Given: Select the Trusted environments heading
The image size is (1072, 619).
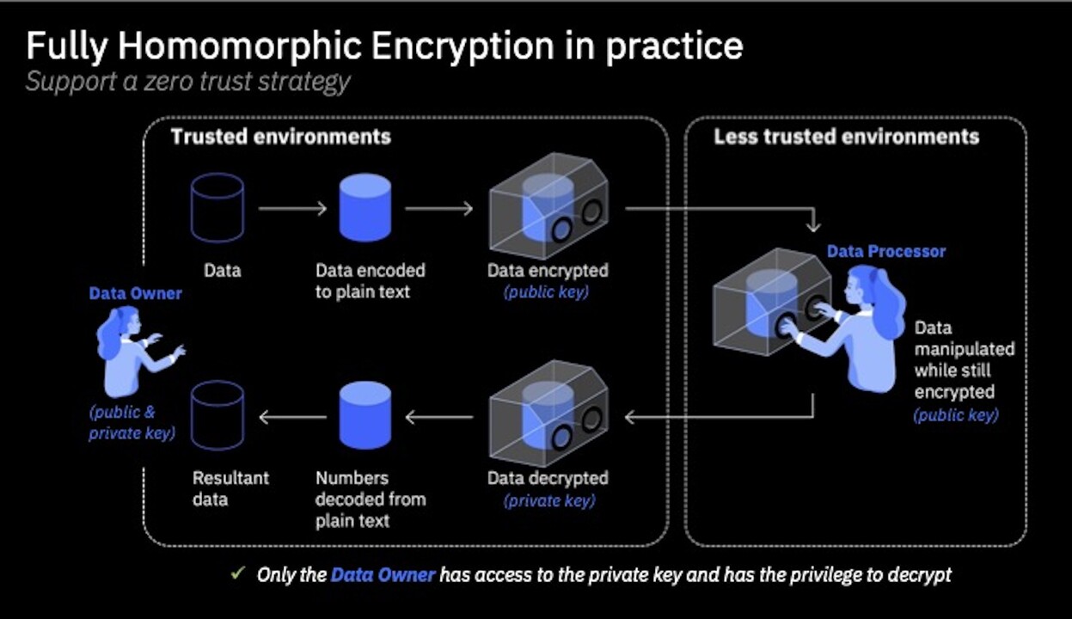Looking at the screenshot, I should (280, 137).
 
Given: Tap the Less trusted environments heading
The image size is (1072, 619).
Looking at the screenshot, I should (846, 137).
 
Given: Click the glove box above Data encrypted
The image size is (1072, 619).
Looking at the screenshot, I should (548, 205).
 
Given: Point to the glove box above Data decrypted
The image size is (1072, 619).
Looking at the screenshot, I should (548, 415).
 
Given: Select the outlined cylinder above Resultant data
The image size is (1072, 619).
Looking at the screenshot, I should (217, 416).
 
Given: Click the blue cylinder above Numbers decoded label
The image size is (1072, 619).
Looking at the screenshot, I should (365, 416).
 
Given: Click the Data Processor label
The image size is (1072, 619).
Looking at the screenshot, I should (885, 252).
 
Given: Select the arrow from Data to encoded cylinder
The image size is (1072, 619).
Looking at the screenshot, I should (292, 208).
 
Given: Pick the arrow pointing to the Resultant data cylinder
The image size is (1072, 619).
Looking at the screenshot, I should (292, 418).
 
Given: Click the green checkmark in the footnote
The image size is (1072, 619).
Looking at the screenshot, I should (238, 573).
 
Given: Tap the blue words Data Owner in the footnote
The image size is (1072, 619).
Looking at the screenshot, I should (383, 574).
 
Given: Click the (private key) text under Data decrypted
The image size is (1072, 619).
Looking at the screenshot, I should (548, 500).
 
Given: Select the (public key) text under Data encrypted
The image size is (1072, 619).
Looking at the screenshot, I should (547, 292).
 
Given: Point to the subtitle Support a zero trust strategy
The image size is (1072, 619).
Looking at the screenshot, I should (187, 83).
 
